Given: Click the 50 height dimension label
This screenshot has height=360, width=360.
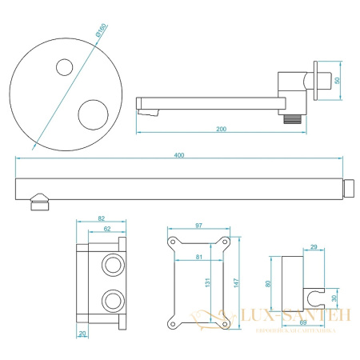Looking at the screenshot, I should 337,81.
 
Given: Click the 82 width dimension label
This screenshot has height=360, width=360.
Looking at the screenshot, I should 101,218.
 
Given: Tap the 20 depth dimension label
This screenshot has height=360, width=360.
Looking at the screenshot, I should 82,334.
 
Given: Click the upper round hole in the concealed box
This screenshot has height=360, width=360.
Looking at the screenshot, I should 111,265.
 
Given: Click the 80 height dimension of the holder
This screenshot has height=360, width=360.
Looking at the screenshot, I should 270,282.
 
